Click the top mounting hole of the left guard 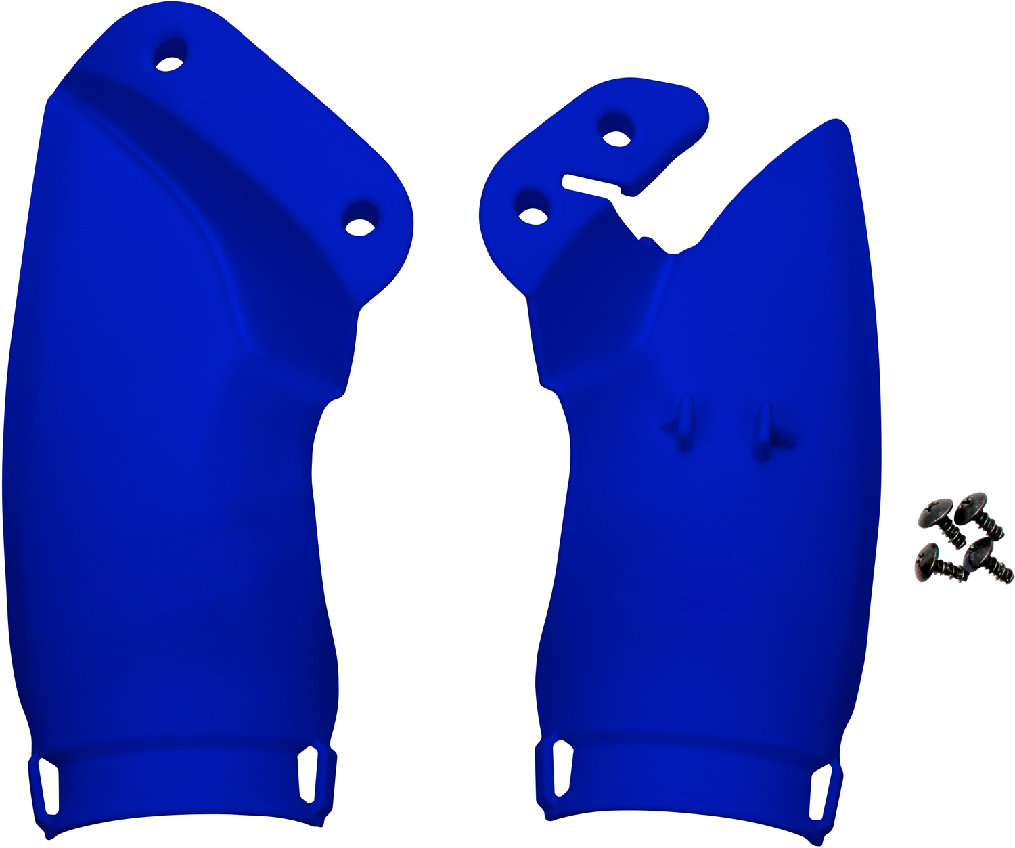pyautogui.click(x=170, y=64)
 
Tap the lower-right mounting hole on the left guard pyautogui.click(x=359, y=227)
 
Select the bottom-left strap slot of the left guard pyautogui.click(x=48, y=785)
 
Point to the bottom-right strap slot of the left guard pyautogui.click(x=307, y=774)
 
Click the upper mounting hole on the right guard pyautogui.click(x=616, y=139)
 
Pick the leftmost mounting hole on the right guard pyautogui.click(x=533, y=216)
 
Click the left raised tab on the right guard pyautogui.click(x=684, y=423)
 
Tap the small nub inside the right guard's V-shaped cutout pyautogui.click(x=645, y=239)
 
